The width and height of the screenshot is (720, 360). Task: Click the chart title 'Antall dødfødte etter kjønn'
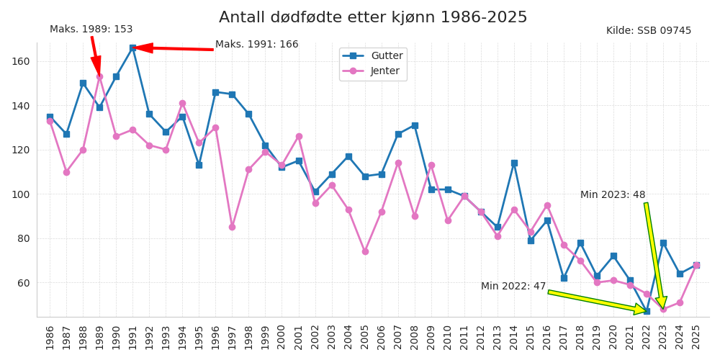(373, 17)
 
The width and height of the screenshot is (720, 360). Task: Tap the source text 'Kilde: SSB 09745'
(648, 31)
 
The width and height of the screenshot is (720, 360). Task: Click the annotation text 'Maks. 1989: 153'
(91, 30)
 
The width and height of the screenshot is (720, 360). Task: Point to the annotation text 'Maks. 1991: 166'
(256, 45)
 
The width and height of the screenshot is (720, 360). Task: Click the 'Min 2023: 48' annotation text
(613, 195)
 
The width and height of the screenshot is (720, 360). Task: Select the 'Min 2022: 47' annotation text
(513, 287)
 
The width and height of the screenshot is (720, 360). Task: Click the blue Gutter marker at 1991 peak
(132, 48)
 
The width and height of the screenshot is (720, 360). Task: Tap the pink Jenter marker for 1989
(99, 76)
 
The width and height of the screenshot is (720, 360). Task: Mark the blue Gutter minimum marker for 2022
(647, 311)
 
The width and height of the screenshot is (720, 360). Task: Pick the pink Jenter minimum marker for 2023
(663, 309)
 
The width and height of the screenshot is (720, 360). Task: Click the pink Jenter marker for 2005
(365, 251)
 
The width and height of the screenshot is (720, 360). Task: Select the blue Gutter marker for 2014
(514, 163)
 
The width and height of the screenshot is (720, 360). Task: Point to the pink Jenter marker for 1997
(232, 227)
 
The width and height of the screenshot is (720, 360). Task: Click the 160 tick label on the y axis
(20, 61)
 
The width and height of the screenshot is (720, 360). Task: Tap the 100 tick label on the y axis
(20, 194)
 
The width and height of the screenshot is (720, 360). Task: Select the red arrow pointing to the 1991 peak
(173, 48)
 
